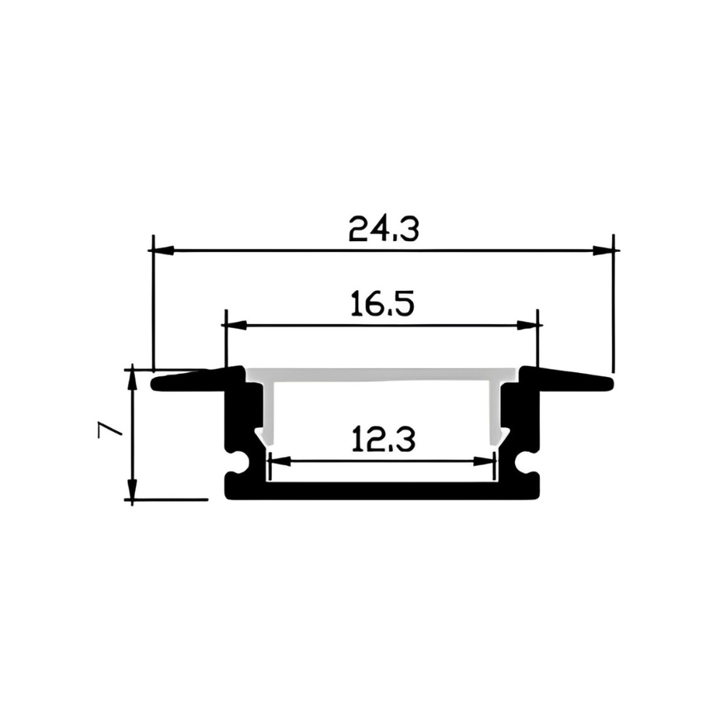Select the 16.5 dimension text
(382, 304)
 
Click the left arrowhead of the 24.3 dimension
(163, 251)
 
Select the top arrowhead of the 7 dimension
(132, 380)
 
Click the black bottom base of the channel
(383, 491)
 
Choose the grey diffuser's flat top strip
(383, 375)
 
